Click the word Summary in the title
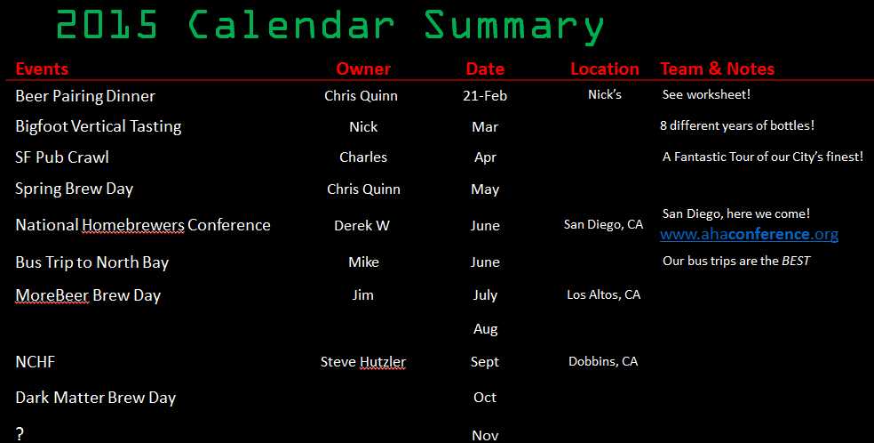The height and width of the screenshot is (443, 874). pos(514,27)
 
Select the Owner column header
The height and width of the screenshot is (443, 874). pos(363,68)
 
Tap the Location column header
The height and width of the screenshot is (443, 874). pos(605,68)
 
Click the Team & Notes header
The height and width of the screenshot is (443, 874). pos(718,68)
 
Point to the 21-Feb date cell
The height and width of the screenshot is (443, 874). pos(485,96)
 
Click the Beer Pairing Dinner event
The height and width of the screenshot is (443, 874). pos(85,97)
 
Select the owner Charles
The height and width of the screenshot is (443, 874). pos(363,157)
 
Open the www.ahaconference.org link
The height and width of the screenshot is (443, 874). pos(749,234)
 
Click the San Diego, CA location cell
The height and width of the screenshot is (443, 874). pos(603,225)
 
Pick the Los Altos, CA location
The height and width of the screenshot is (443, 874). pos(604,294)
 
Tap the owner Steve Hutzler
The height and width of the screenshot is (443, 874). pos(363,362)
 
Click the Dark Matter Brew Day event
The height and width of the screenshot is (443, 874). pos(96,398)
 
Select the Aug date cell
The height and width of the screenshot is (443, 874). pos(486,330)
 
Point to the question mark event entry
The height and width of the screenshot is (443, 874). pos(20,433)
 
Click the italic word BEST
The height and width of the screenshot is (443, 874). pos(796,262)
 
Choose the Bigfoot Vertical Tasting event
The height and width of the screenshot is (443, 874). pos(99,127)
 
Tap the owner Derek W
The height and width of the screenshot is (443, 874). pos(362,226)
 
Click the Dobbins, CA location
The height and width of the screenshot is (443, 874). pos(603,361)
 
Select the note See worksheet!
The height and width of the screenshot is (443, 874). pos(706,95)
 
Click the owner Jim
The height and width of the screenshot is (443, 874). pos(363,295)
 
